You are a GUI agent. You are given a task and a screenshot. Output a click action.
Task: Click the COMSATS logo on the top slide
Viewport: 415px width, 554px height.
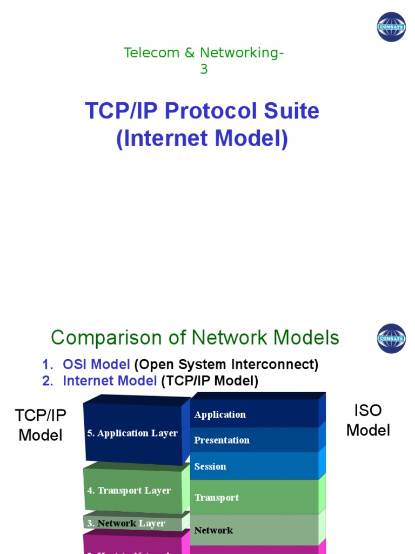tap(391, 27)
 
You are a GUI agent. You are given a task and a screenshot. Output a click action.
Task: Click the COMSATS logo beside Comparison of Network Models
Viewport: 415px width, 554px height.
tap(391, 339)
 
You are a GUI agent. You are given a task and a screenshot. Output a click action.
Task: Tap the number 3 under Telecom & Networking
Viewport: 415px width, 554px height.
tap(204, 69)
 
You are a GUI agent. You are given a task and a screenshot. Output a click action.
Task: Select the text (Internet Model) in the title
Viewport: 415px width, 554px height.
tap(202, 138)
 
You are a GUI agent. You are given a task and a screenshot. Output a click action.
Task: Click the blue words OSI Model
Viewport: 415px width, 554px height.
tap(96, 365)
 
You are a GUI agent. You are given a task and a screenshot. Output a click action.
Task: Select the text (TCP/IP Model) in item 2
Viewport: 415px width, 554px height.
tap(210, 381)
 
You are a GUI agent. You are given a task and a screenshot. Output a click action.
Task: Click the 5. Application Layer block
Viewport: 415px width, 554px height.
tap(132, 433)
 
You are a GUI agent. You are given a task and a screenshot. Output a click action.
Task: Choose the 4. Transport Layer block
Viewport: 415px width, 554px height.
tap(129, 491)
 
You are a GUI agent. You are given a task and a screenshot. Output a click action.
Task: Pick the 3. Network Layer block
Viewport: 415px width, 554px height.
tap(126, 523)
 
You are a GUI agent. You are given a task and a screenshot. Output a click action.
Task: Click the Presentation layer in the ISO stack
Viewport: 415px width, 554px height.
tap(222, 440)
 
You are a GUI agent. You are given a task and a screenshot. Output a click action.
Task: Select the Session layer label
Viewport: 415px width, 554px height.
tap(210, 466)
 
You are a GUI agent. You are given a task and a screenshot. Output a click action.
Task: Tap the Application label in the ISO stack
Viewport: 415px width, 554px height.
tap(220, 414)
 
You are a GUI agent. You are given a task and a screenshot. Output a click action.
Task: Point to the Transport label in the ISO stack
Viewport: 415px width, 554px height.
tap(216, 498)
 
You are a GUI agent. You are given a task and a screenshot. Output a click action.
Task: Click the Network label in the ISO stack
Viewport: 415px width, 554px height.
tap(213, 530)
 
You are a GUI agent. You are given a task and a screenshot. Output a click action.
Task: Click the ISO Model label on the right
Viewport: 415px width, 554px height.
tap(368, 420)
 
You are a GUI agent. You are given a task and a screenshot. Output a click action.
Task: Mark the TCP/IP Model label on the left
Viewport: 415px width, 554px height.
tap(41, 425)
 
